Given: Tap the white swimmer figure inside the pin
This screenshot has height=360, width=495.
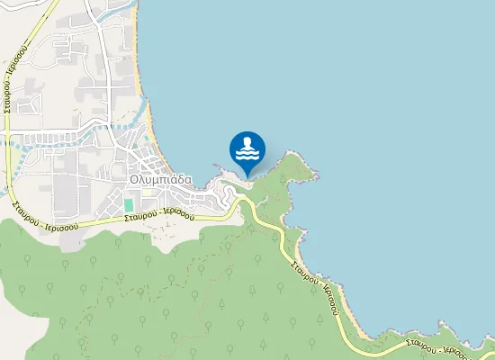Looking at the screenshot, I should point(247,143).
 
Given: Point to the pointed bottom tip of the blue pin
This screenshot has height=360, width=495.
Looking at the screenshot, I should point(247,174).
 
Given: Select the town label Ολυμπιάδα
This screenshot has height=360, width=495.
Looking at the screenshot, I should point(161,178).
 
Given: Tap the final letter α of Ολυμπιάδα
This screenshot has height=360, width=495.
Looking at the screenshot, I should point(187,178).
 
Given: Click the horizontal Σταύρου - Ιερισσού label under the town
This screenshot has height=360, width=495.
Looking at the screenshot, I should point(159,215).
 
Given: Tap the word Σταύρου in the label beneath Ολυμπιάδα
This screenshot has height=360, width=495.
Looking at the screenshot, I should point(140,216).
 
